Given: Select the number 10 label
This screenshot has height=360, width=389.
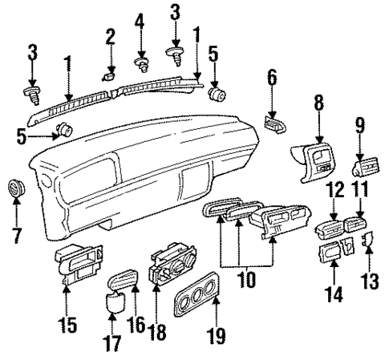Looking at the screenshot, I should point(245,282).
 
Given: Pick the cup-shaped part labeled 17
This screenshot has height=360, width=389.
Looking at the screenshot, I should point(113,303).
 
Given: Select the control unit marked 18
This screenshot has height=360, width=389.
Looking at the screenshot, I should point(164,270).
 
